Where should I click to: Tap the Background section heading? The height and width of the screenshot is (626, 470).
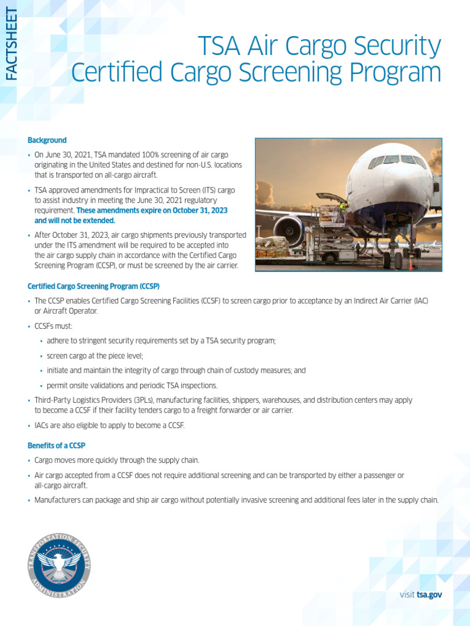pyautogui.click(x=47, y=141)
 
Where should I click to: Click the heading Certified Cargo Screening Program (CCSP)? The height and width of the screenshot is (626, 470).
pyautogui.click(x=94, y=286)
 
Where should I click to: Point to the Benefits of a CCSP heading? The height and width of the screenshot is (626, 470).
pyautogui.click(x=56, y=446)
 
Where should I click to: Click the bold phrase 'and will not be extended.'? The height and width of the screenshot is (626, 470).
pyautogui.click(x=75, y=221)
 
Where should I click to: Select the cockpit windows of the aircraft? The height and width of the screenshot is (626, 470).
pyautogui.click(x=398, y=160)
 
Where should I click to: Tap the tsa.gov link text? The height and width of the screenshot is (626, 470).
pyautogui.click(x=429, y=594)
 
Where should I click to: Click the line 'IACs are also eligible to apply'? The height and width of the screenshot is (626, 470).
pyautogui.click(x=110, y=425)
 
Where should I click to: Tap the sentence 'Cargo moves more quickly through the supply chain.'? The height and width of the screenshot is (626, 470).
pyautogui.click(x=117, y=460)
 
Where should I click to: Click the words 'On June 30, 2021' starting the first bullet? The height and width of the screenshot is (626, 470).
pyautogui.click(x=62, y=155)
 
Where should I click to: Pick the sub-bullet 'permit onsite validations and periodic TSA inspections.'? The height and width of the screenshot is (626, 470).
pyautogui.click(x=132, y=385)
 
